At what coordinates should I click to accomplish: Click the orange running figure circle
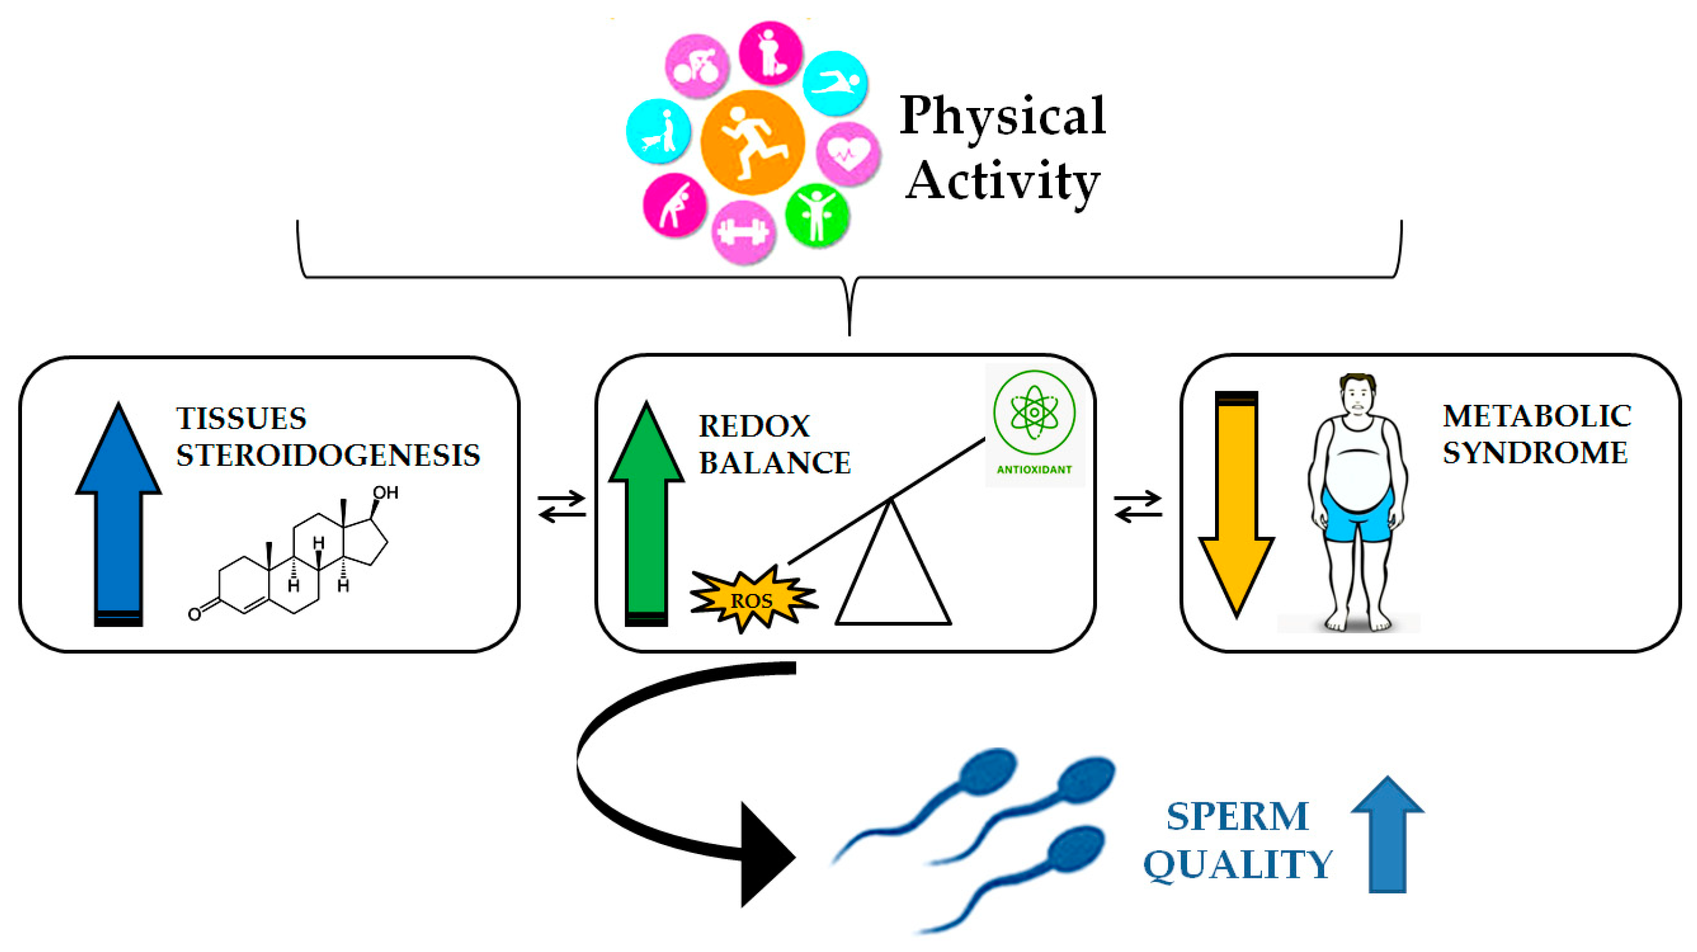[752, 143]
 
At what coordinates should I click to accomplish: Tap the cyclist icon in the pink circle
[696, 66]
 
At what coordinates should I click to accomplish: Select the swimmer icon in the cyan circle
[835, 83]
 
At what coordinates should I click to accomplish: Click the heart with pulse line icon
[848, 154]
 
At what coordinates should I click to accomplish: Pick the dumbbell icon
[743, 232]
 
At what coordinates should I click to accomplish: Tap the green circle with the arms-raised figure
[817, 215]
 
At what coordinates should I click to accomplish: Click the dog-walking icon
[658, 131]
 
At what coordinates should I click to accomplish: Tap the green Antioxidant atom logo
[1034, 413]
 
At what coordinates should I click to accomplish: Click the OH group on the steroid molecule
[385, 493]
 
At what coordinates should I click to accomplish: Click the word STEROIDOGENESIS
[328, 455]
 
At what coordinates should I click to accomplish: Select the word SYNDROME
[1535, 453]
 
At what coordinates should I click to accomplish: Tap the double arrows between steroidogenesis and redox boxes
[562, 506]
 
